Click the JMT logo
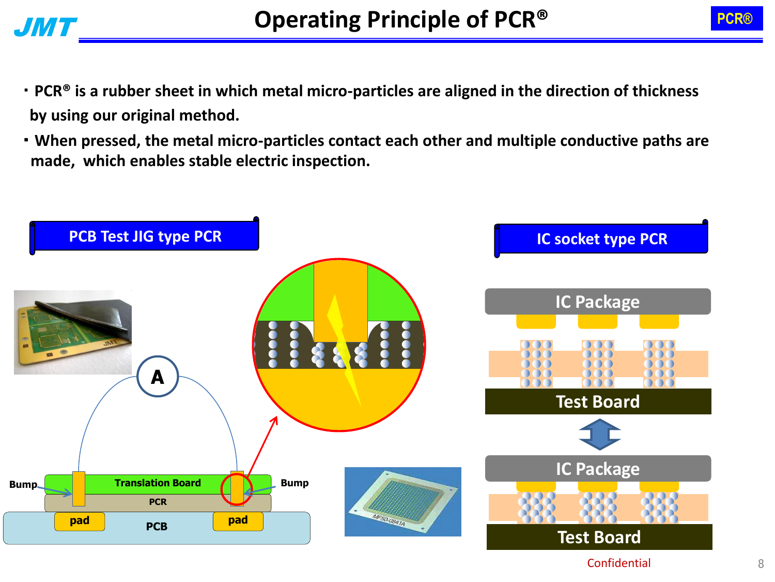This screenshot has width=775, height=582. pos(45,27)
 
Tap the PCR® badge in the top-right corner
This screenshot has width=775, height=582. pos(736,19)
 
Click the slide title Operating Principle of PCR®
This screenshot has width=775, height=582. pos(400,20)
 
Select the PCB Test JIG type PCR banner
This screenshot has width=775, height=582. pos(145,236)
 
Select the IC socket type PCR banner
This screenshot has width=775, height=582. pos(601,239)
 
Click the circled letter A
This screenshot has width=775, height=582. pos(158,377)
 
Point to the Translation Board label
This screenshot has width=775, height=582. pos(158,483)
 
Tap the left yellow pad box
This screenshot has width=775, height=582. pos(80,520)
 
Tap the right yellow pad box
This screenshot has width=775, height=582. pos(238,520)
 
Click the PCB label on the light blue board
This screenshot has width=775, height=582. pos(157,527)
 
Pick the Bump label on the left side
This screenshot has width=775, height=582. pos(23,484)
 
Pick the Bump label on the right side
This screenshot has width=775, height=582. pos(295,483)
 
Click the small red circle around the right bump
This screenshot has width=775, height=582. pos(237,489)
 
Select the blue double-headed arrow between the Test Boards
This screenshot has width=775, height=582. pos(599,435)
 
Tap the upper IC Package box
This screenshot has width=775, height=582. pos(598,302)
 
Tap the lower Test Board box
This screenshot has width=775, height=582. pos(599,537)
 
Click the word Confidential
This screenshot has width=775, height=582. pos(618,563)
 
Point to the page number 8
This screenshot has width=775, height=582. pos(761,564)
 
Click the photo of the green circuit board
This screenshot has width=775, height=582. pos(72,332)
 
